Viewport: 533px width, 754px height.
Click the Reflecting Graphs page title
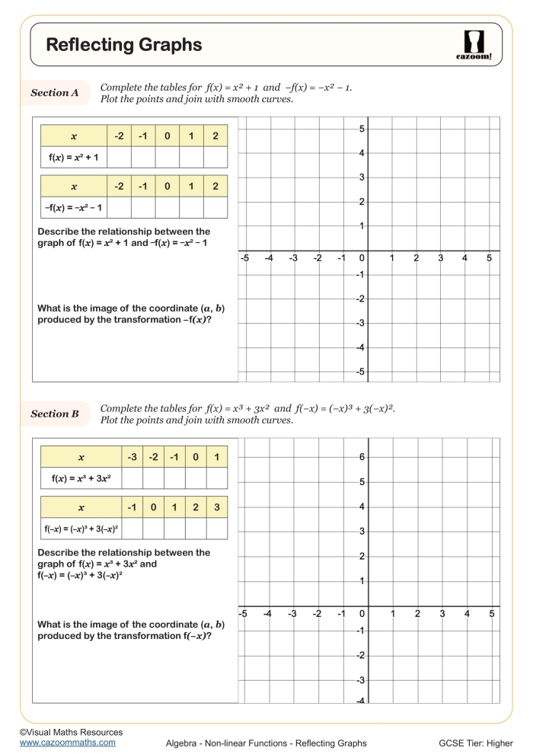coord(124,45)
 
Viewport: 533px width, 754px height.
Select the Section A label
coord(55,93)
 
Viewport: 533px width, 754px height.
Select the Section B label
coord(55,414)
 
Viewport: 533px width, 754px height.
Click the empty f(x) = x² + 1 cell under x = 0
coord(168,157)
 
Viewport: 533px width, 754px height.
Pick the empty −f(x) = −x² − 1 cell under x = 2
coord(215,207)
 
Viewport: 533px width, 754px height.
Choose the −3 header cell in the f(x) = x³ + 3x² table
coord(132,457)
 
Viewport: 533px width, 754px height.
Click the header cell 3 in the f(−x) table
coord(216,507)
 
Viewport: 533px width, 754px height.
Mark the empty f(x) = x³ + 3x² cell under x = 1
coord(217,478)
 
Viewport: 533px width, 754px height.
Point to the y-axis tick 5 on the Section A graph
coord(363,129)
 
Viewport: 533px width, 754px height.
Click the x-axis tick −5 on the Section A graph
coord(244,258)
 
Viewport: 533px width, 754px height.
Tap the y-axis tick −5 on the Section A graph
coord(362,372)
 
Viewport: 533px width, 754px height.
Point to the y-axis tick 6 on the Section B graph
coord(363,457)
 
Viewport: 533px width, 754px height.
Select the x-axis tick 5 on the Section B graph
coord(492,613)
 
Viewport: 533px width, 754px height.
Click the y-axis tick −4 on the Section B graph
coord(362,700)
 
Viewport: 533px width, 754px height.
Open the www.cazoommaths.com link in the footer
coord(68,742)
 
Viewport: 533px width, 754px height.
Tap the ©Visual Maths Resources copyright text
coord(71,732)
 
